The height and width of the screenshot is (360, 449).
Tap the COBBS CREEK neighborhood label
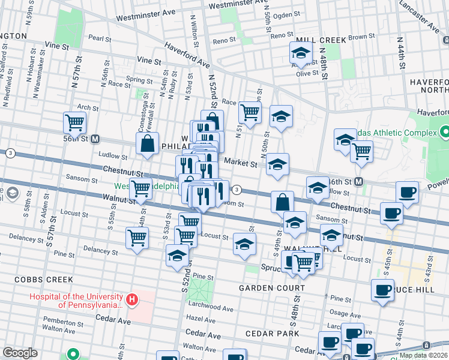click(x=44, y=280)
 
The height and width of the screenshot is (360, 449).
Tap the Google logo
click(x=20, y=353)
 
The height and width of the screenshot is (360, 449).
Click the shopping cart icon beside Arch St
click(x=75, y=123)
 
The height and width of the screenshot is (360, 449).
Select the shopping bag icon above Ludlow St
click(x=147, y=143)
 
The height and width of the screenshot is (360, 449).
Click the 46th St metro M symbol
click(x=358, y=182)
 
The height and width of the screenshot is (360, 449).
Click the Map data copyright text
click(x=423, y=356)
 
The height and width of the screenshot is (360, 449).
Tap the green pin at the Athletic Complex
click(x=444, y=131)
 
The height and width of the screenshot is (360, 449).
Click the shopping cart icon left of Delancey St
click(x=137, y=238)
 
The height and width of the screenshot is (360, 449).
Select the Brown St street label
click(x=361, y=37)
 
